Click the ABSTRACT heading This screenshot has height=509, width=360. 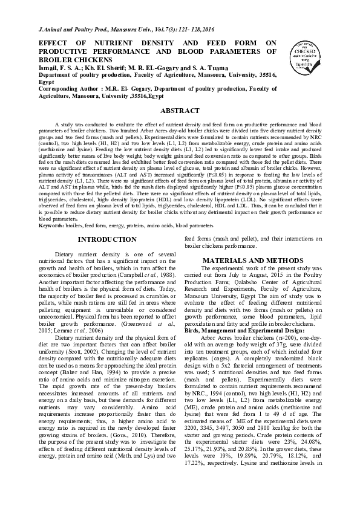pyautogui.click(x=180, y=111)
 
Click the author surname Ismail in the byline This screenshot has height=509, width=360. pyautogui.click(x=51, y=68)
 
